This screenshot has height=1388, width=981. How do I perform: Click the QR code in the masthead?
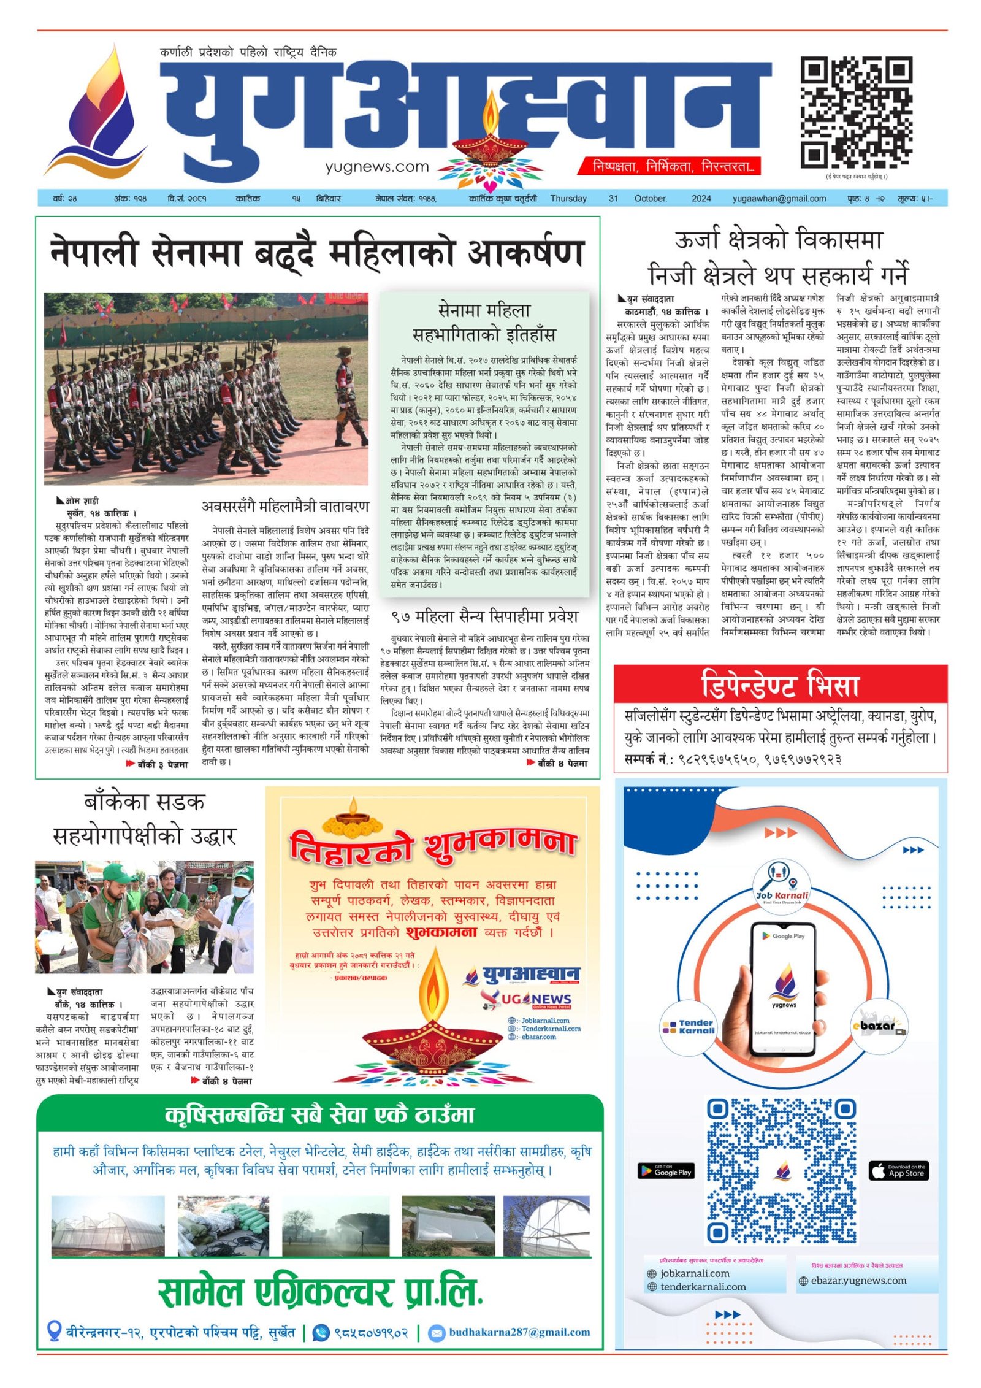[856, 112]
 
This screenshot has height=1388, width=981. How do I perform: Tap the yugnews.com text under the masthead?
[376, 166]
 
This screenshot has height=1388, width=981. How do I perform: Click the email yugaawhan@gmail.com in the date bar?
[779, 199]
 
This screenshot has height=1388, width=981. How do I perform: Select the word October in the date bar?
[651, 199]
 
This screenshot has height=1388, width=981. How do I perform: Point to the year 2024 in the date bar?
[701, 199]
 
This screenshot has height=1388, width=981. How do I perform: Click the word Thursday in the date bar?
[568, 199]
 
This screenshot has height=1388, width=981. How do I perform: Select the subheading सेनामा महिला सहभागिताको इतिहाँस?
[484, 323]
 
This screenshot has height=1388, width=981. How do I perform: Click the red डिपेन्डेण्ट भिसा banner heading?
[780, 684]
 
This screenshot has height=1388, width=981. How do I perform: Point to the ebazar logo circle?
[882, 1026]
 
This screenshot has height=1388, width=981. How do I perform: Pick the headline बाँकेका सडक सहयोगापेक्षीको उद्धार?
[144, 819]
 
